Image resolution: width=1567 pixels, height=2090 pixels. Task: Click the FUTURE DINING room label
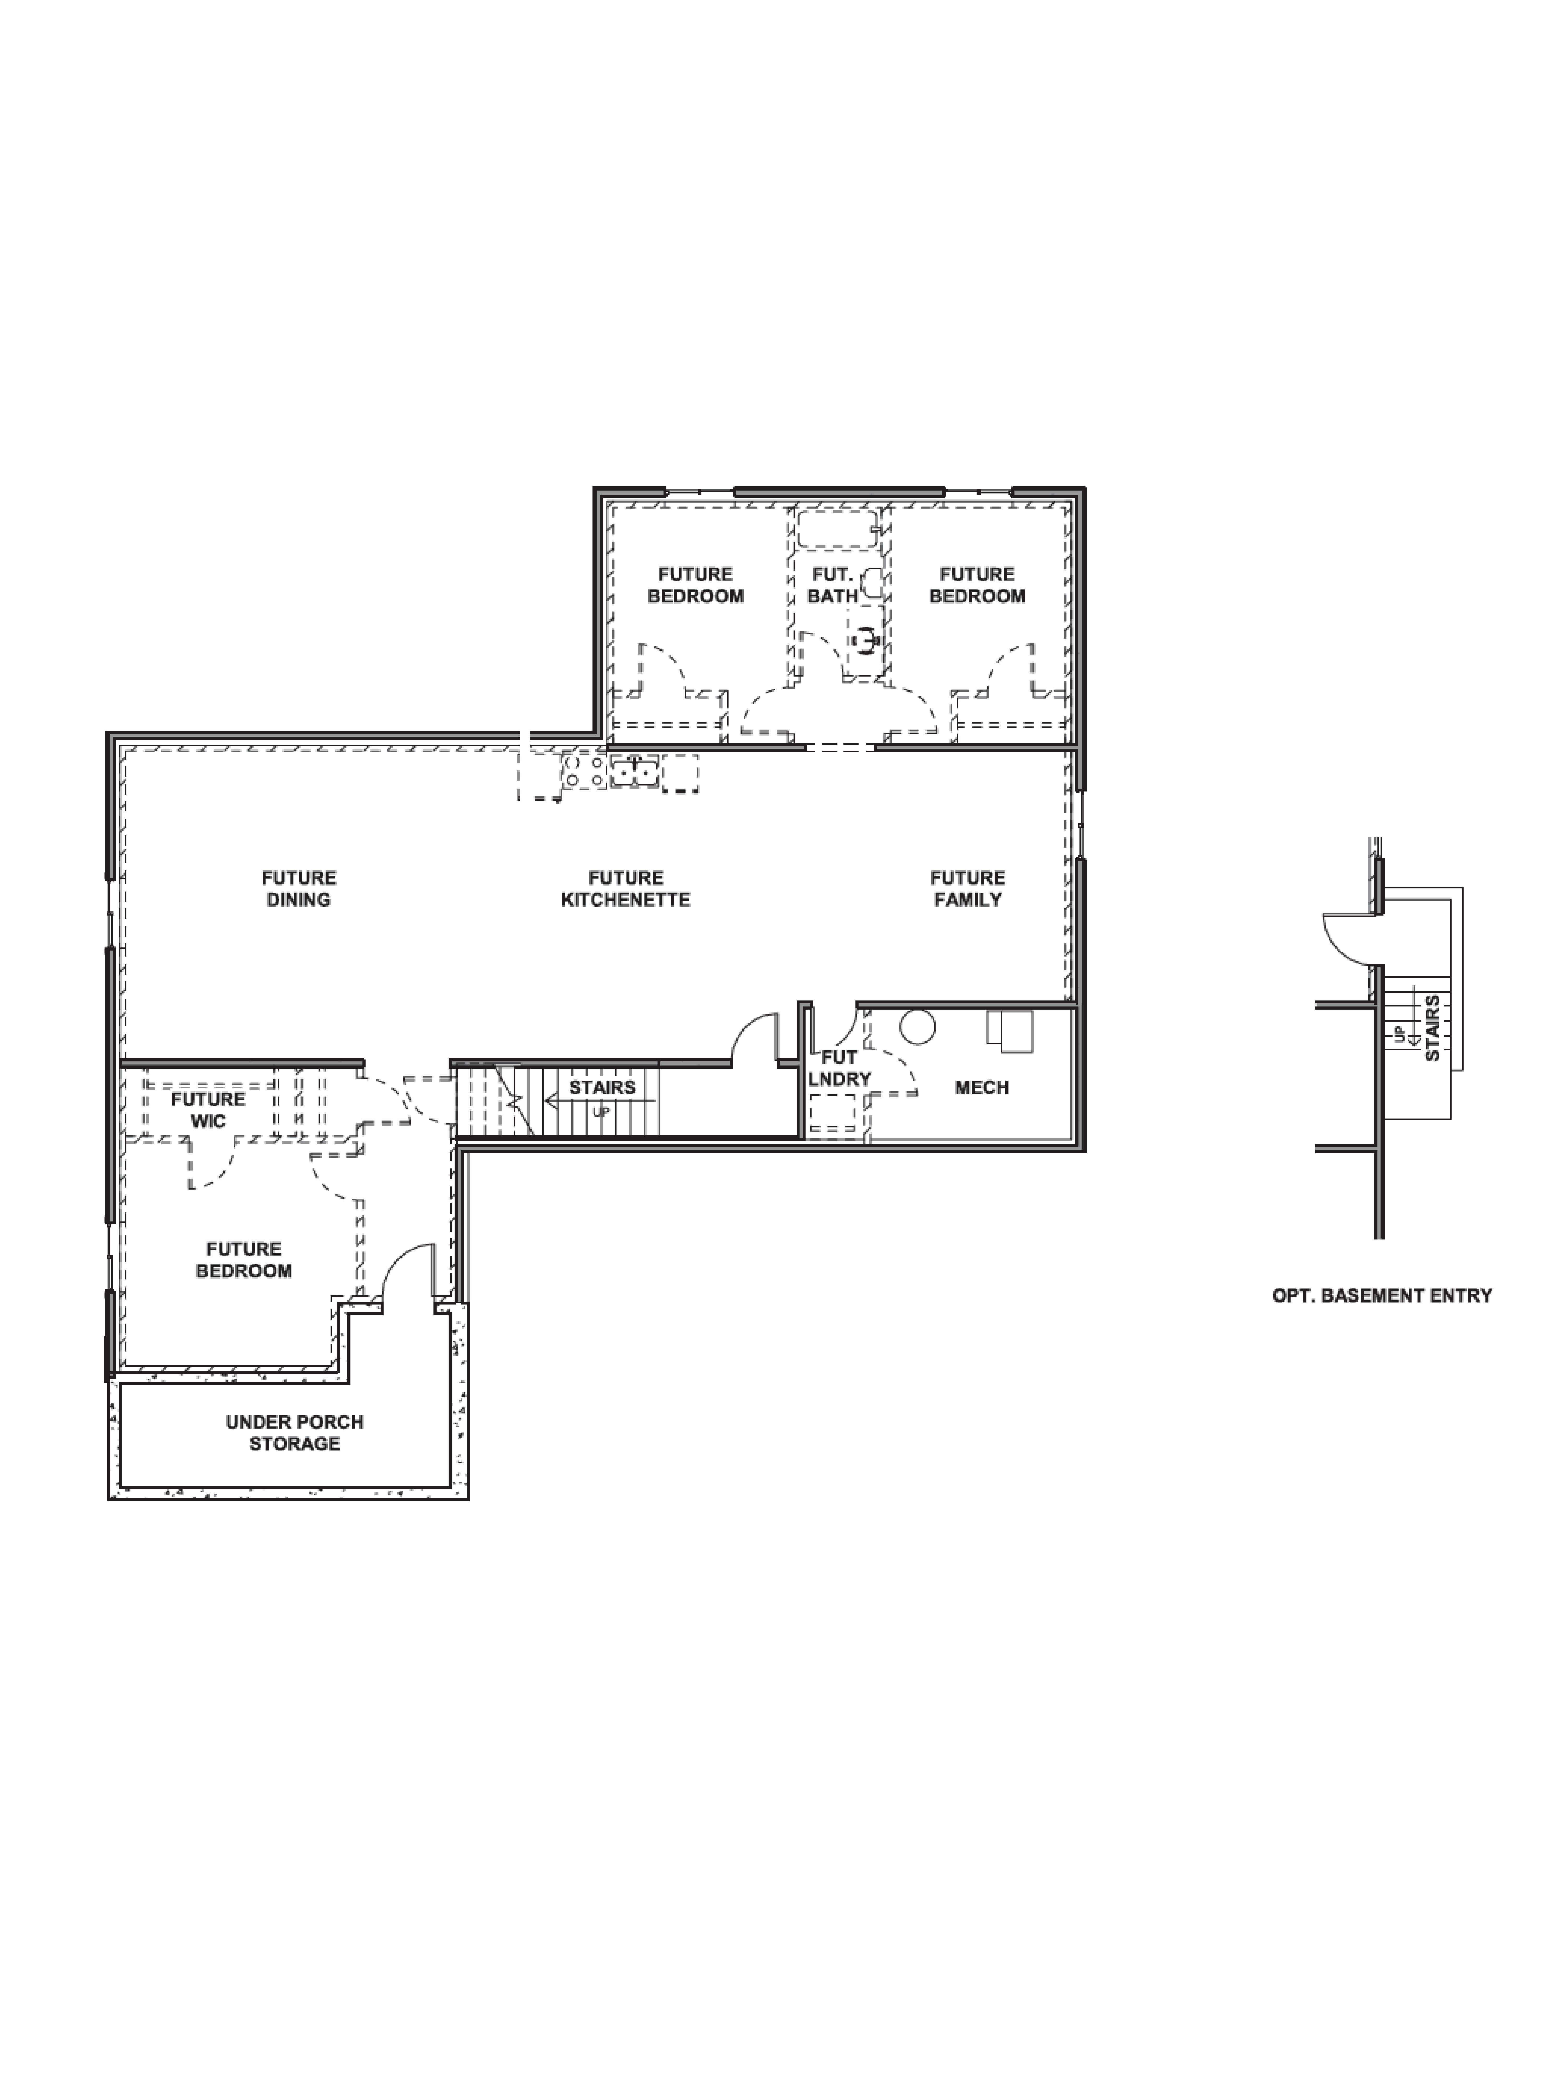[298, 888]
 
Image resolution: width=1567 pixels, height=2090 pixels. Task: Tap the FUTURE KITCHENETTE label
[625, 888]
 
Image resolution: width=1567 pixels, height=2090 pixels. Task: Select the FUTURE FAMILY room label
[967, 888]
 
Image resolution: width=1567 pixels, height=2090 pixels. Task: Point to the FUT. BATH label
[832, 585]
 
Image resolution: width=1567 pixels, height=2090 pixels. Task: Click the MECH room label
[981, 1087]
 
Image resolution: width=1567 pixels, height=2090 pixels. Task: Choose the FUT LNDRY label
[839, 1068]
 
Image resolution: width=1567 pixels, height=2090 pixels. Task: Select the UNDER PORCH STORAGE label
[295, 1433]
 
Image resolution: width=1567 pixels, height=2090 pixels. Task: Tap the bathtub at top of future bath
[837, 529]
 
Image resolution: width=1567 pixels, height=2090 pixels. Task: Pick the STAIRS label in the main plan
[602, 1087]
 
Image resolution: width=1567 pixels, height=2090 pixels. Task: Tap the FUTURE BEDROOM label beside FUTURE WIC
[244, 1260]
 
